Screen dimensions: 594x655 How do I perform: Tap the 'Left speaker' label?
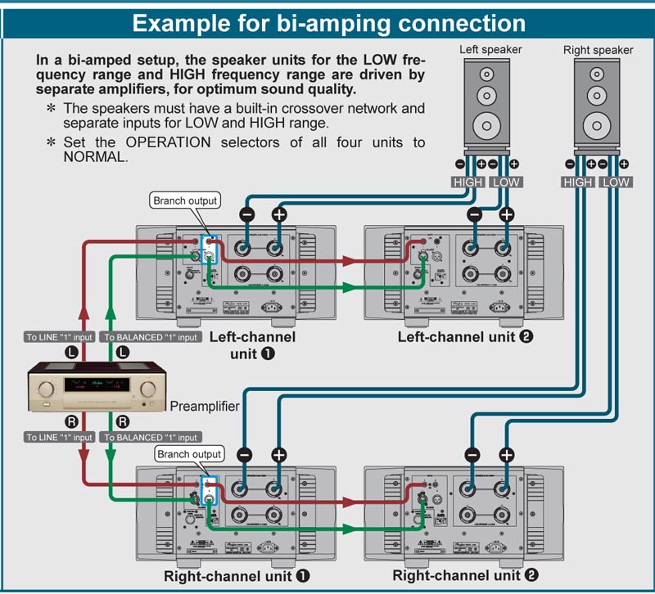(x=490, y=49)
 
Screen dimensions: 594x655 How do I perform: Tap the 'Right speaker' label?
(x=598, y=50)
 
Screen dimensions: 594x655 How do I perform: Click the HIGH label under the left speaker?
(x=468, y=182)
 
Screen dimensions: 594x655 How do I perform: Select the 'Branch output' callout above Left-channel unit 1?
(x=185, y=200)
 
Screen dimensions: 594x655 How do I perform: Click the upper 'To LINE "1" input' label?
(x=59, y=337)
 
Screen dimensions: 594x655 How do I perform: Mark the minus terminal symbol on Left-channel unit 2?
(x=474, y=214)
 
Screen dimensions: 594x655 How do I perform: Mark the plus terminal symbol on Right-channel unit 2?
(x=507, y=455)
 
